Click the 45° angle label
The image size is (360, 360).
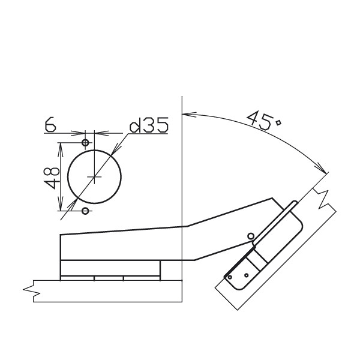click(264, 121)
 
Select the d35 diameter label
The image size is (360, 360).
click(149, 125)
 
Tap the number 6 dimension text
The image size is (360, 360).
click(50, 125)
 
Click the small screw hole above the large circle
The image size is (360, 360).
click(85, 143)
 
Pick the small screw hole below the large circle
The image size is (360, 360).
click(85, 211)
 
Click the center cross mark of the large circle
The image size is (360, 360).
click(94, 176)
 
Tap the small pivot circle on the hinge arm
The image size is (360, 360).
click(251, 236)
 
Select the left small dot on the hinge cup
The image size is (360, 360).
click(230, 277)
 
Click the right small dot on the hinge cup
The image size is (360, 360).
click(247, 275)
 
